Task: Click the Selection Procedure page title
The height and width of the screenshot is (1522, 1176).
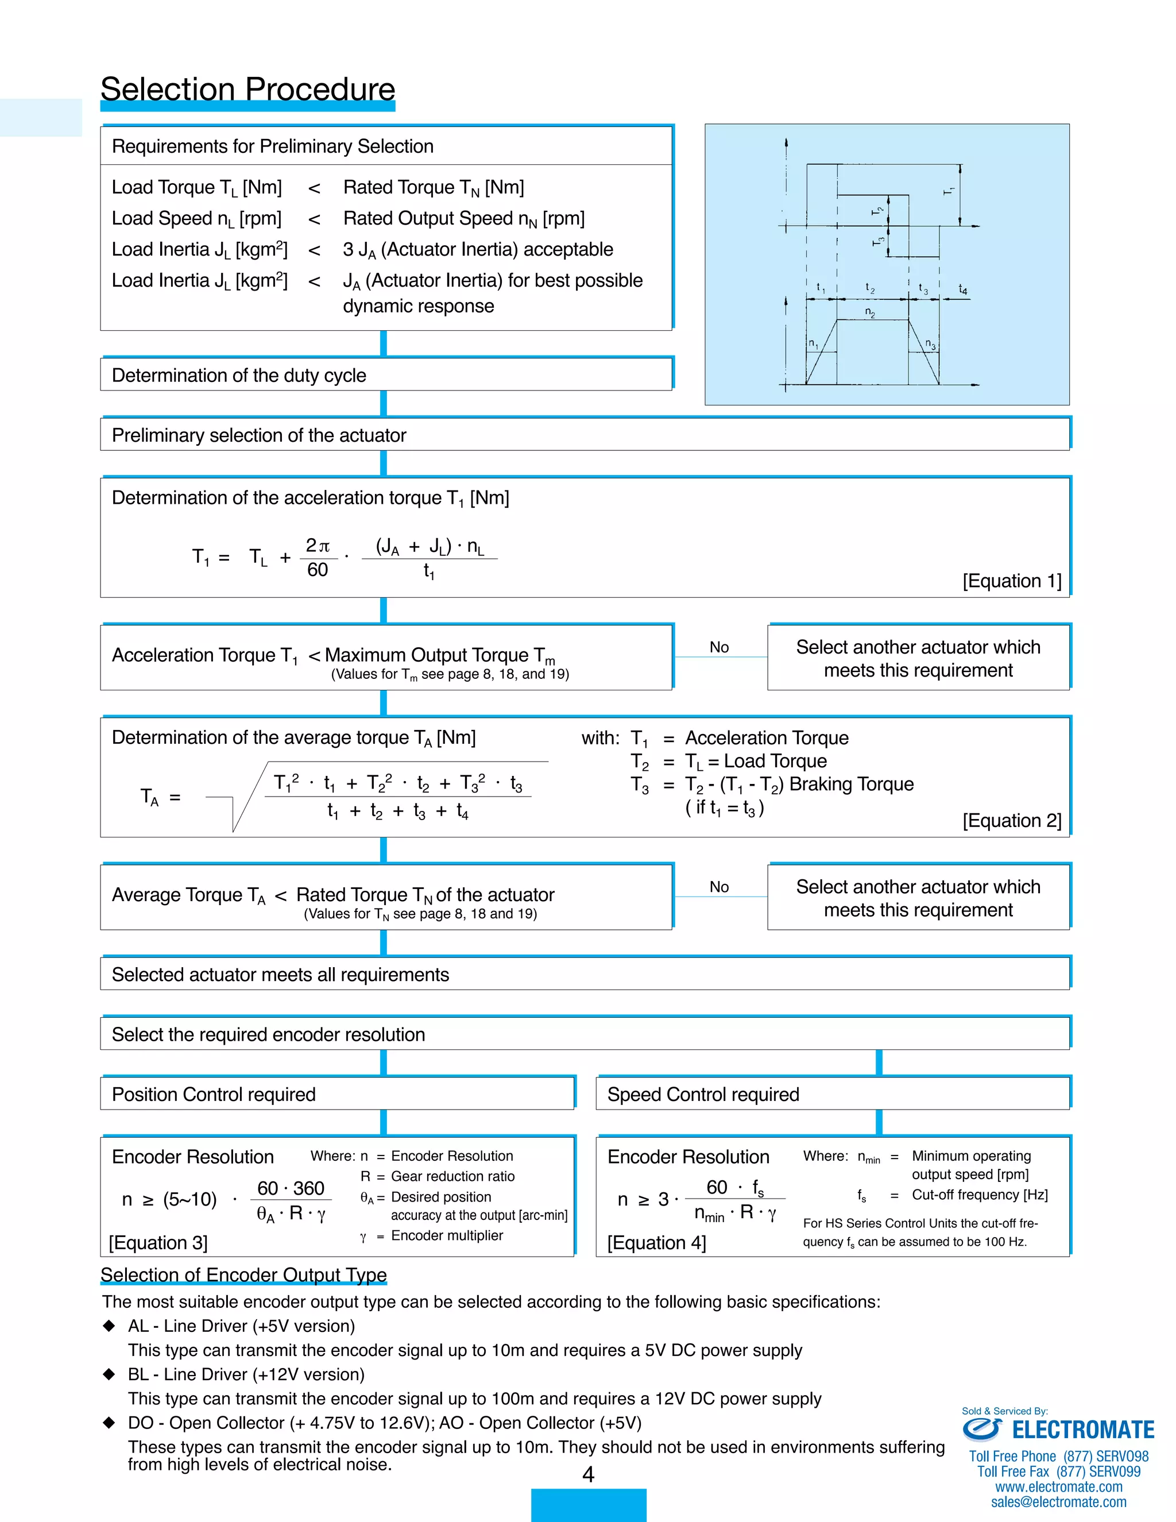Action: click(x=247, y=89)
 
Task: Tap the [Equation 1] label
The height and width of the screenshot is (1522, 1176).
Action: click(x=1012, y=581)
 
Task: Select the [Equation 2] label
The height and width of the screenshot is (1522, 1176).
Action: click(x=1012, y=820)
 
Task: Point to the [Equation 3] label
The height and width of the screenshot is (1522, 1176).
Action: click(x=158, y=1242)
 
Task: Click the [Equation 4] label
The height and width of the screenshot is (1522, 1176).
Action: click(x=656, y=1242)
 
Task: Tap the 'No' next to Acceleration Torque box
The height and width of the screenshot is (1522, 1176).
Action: click(x=719, y=647)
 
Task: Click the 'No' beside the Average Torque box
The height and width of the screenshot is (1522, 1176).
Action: click(x=719, y=887)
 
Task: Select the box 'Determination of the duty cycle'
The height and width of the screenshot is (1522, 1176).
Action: click(x=386, y=375)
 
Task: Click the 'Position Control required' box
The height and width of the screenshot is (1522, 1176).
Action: click(x=337, y=1094)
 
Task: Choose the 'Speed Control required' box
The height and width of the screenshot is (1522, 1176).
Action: click(x=833, y=1094)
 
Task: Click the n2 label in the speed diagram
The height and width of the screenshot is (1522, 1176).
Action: click(x=870, y=312)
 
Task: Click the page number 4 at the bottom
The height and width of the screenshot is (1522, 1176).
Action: click(x=588, y=1474)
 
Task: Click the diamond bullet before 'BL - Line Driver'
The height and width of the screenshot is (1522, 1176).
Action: click(x=109, y=1374)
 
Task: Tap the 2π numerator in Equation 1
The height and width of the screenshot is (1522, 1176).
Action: click(x=318, y=545)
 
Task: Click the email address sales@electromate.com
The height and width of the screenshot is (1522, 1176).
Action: click(x=1058, y=1502)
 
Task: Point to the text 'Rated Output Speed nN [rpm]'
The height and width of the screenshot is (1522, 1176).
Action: click(x=463, y=218)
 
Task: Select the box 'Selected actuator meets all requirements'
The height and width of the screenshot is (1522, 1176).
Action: click(x=585, y=974)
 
